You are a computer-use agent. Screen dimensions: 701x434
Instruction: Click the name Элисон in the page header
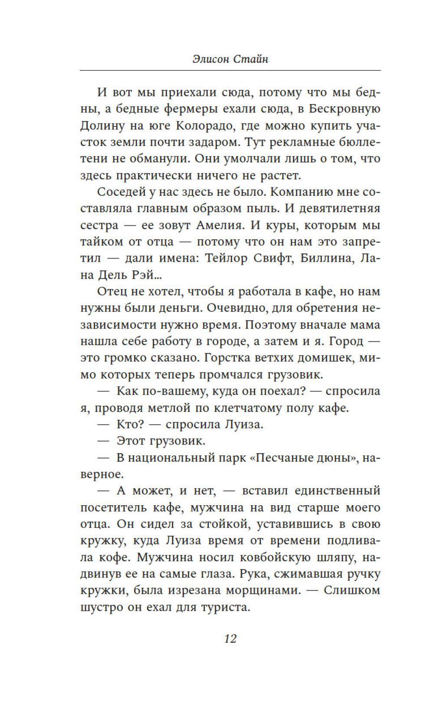point(211,58)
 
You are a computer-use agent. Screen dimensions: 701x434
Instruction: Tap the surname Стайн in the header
point(251,58)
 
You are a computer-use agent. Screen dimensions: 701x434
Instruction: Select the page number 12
point(230,638)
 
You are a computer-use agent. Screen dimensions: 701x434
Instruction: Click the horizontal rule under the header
point(230,70)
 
